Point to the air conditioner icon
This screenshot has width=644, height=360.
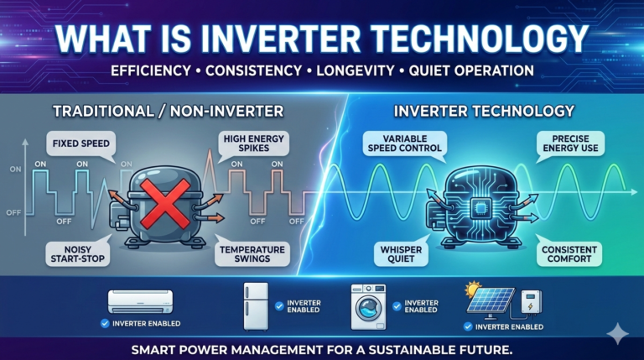click(x=140, y=300)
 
